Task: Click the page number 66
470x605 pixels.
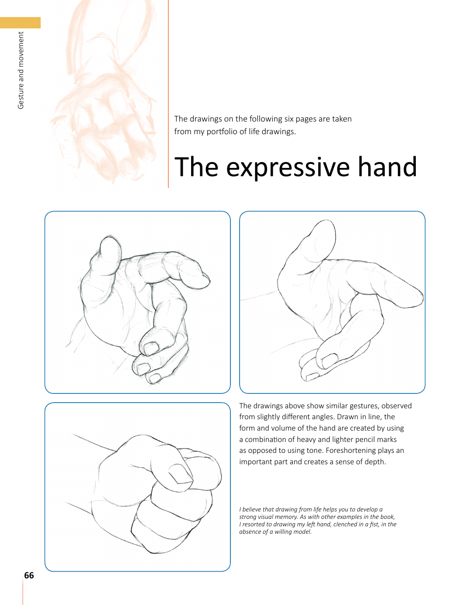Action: coord(29,575)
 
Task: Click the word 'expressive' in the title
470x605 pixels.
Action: coord(288,167)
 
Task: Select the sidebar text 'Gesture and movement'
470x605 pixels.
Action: coord(21,70)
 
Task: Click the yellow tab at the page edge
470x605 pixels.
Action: coord(20,23)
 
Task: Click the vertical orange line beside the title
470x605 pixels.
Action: coord(168,94)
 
